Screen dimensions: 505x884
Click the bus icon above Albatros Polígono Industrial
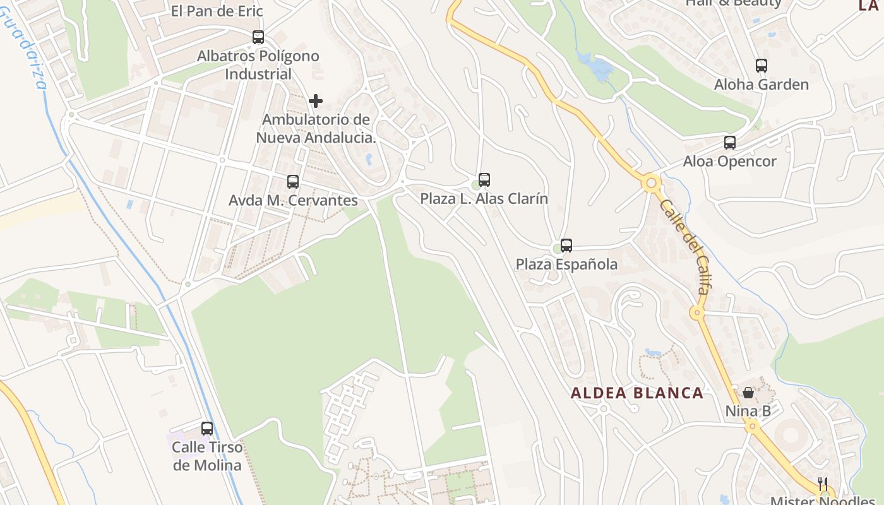click(258, 37)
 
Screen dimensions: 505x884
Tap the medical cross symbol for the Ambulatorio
click(316, 101)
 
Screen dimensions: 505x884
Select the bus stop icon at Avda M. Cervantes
click(293, 182)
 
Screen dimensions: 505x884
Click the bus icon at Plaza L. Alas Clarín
click(484, 180)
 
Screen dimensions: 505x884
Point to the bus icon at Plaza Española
click(566, 246)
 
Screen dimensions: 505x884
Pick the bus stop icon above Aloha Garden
click(762, 66)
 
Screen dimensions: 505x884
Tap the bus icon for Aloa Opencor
click(730, 143)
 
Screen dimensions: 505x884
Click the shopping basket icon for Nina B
click(748, 393)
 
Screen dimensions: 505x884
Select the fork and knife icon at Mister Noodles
click(823, 484)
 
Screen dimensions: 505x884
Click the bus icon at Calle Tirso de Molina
click(207, 429)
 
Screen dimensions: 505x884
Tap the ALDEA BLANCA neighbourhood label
click(637, 393)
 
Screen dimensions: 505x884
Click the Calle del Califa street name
click(684, 247)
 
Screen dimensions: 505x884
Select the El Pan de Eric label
click(217, 11)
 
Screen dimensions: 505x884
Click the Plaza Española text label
click(566, 264)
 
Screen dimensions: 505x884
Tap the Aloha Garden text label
click(761, 85)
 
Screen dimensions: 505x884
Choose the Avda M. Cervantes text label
click(293, 201)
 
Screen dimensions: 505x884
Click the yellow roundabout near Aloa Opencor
click(652, 184)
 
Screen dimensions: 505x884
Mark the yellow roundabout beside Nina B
click(751, 427)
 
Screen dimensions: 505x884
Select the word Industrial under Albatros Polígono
click(258, 74)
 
